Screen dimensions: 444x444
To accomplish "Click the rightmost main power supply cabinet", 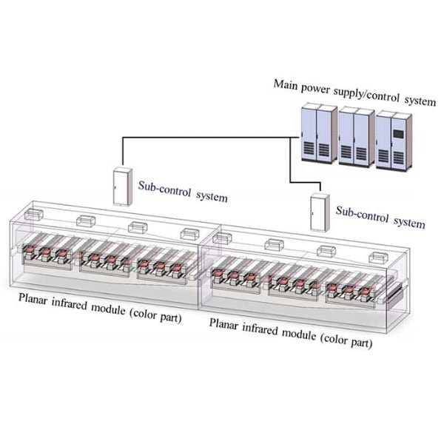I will coord(395,139).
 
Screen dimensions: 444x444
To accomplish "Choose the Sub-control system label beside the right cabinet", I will coord(380,217).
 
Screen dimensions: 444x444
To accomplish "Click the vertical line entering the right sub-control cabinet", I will coord(319,188).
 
